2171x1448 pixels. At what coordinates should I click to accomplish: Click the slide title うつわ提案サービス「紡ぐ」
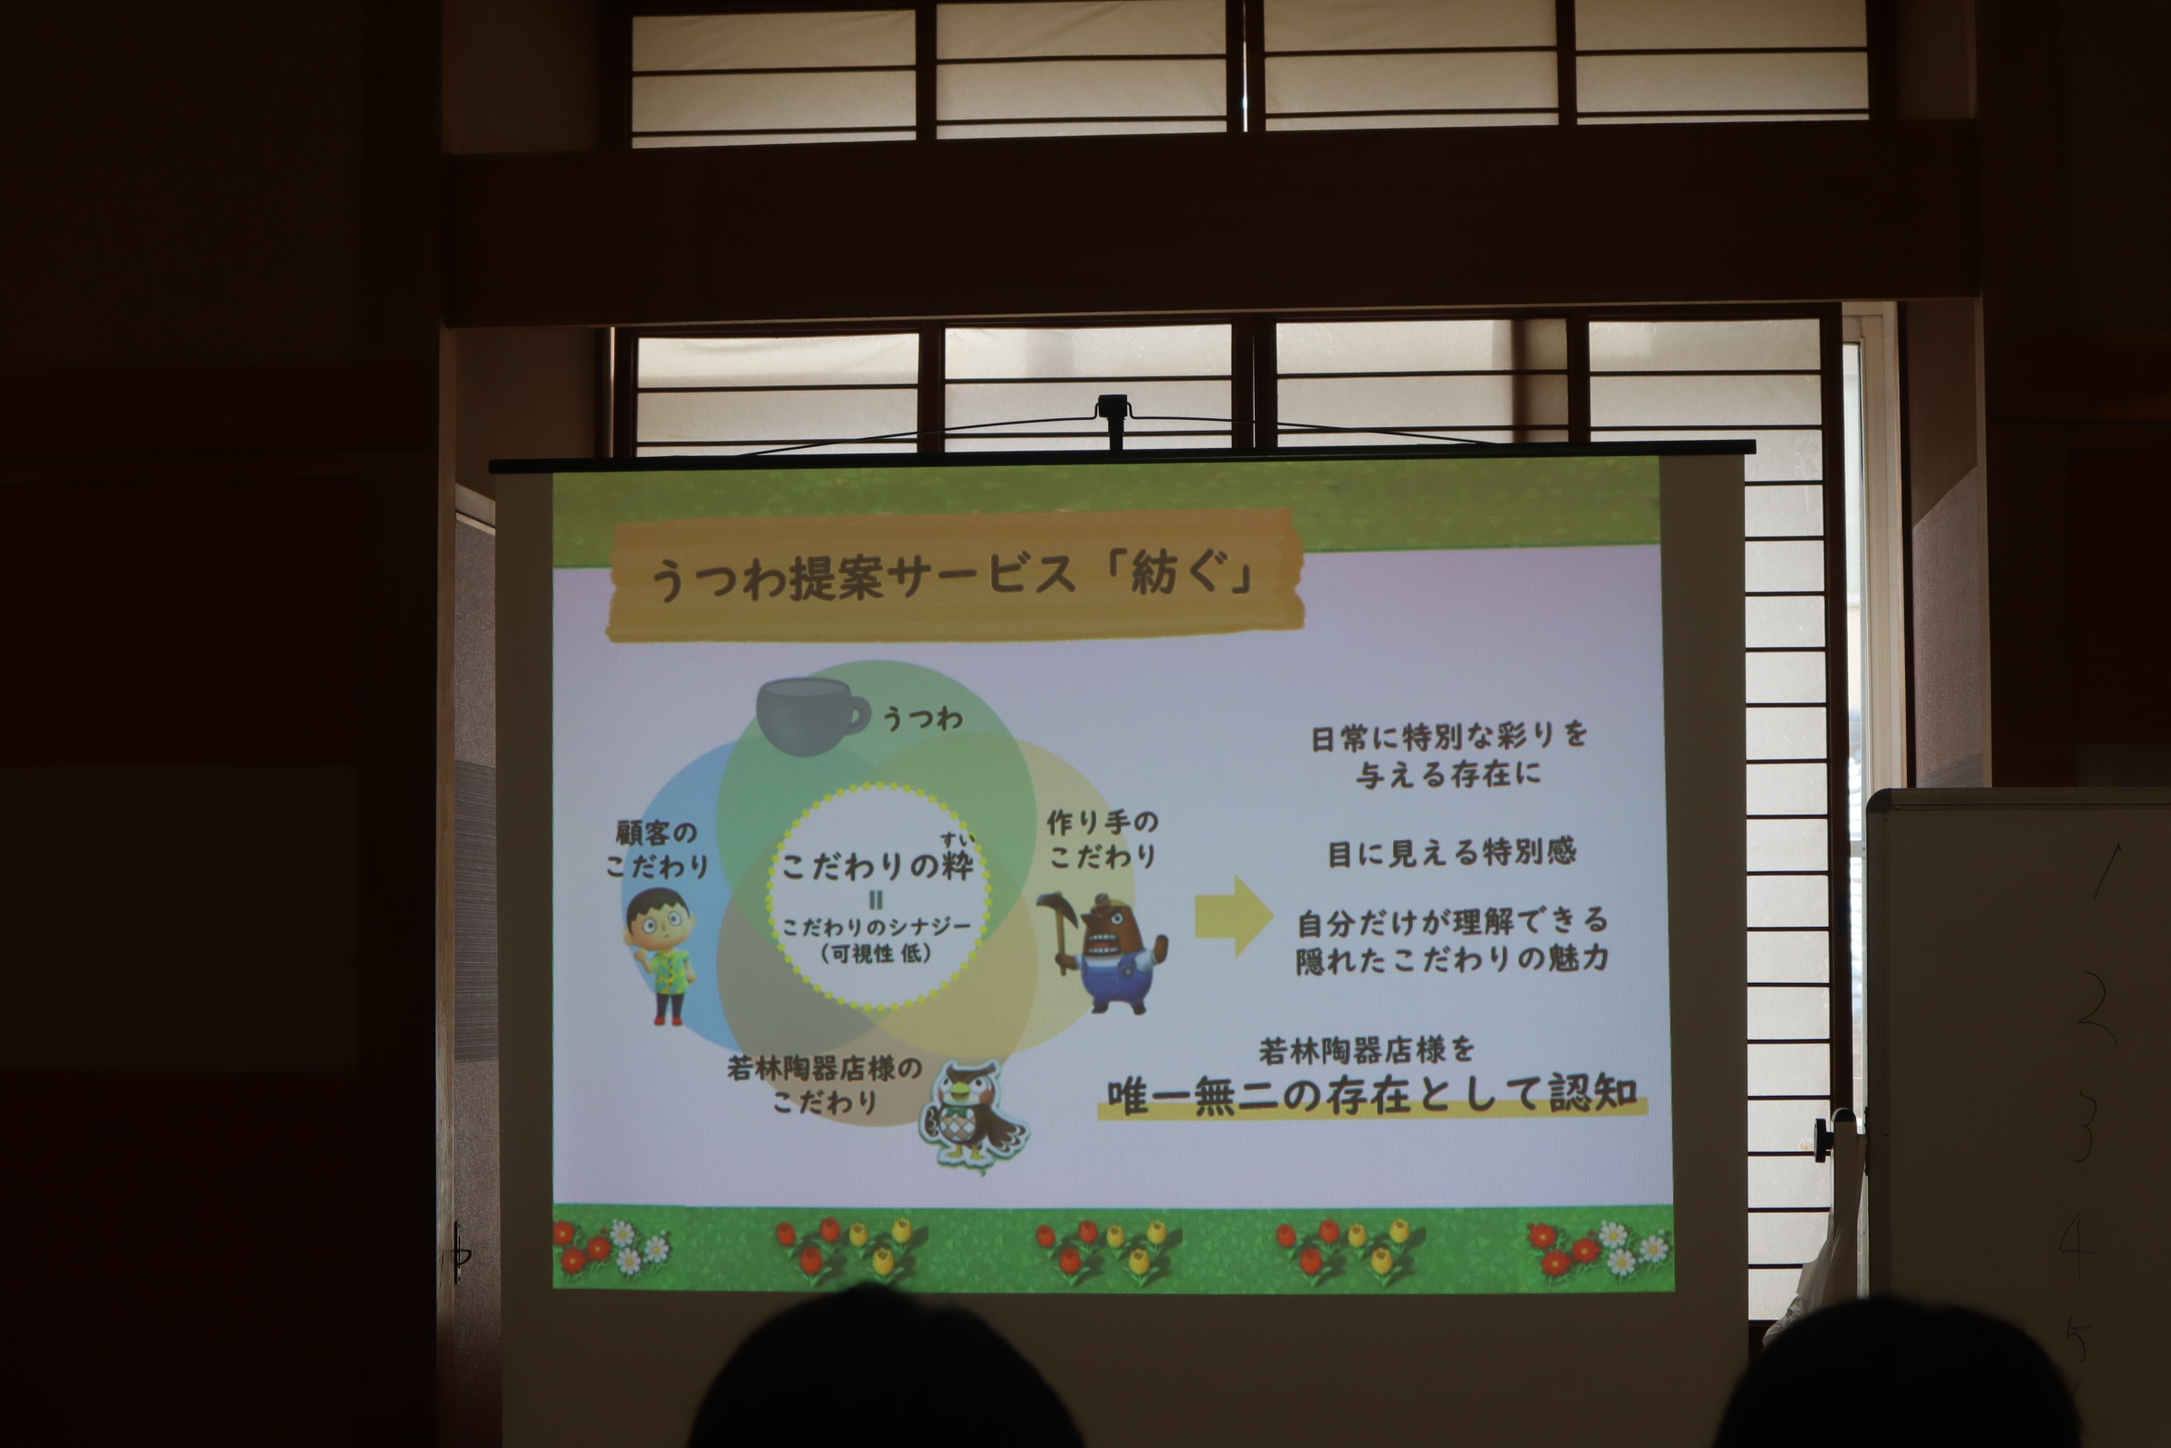point(951,576)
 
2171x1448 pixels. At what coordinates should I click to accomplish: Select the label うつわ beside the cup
point(922,718)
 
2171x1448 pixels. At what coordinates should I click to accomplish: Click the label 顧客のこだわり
point(657,850)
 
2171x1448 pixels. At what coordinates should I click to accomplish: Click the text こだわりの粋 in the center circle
point(877,865)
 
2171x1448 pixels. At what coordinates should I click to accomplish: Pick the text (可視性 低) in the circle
point(876,953)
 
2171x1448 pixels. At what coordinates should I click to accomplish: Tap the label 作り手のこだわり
point(1102,839)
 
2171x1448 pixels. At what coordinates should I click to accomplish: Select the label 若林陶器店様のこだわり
point(824,1084)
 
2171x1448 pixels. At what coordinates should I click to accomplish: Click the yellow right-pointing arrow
point(1234,916)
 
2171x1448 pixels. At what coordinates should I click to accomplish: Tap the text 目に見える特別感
point(1451,852)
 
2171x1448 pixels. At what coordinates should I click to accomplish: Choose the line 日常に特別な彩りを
point(1448,736)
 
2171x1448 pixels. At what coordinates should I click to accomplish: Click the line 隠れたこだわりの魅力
point(1452,959)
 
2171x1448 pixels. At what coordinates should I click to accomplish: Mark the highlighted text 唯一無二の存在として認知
point(1371,1095)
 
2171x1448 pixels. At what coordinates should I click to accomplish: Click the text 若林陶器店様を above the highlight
point(1366,1050)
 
